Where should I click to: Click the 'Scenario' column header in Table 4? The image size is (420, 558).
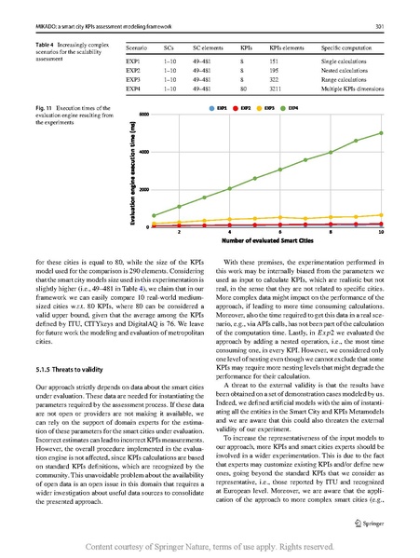click(x=138, y=45)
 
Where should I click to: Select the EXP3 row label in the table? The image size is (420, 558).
click(x=133, y=81)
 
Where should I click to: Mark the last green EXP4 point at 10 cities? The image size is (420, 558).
click(x=381, y=133)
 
